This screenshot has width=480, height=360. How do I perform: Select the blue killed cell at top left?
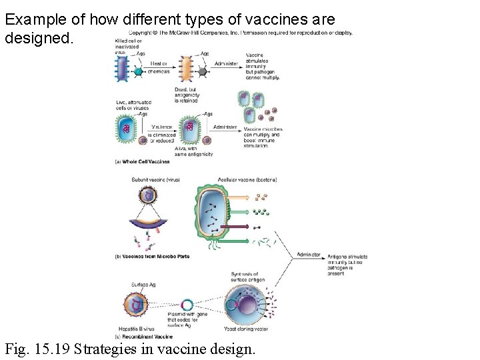(123, 67)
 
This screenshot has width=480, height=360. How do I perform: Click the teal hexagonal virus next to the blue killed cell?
(139, 71)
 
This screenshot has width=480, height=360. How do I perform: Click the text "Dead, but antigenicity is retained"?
(189, 96)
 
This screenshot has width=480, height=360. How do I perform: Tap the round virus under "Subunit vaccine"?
(148, 195)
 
